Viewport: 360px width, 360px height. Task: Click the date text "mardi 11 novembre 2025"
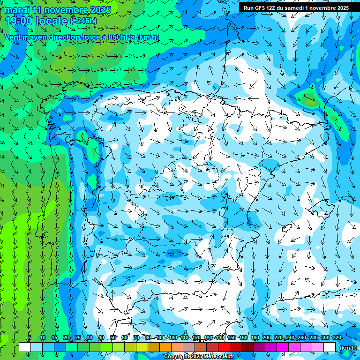pyautogui.click(x=58, y=10)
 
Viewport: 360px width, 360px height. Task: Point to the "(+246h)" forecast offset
pyautogui.click(x=83, y=21)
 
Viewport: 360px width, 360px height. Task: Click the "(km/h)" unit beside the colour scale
pyautogui.click(x=348, y=347)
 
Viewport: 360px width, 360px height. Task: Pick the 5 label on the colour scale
pyautogui.click(x=30, y=338)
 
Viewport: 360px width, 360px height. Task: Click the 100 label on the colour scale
pyautogui.click(x=172, y=338)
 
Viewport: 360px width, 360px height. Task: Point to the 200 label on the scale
pyautogui.click(x=267, y=338)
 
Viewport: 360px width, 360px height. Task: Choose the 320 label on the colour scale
pyautogui.click(x=337, y=338)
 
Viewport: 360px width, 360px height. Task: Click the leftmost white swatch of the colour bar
pyautogui.click(x=25, y=347)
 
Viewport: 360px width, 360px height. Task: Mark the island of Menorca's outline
pyautogui.click(x=347, y=199)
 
